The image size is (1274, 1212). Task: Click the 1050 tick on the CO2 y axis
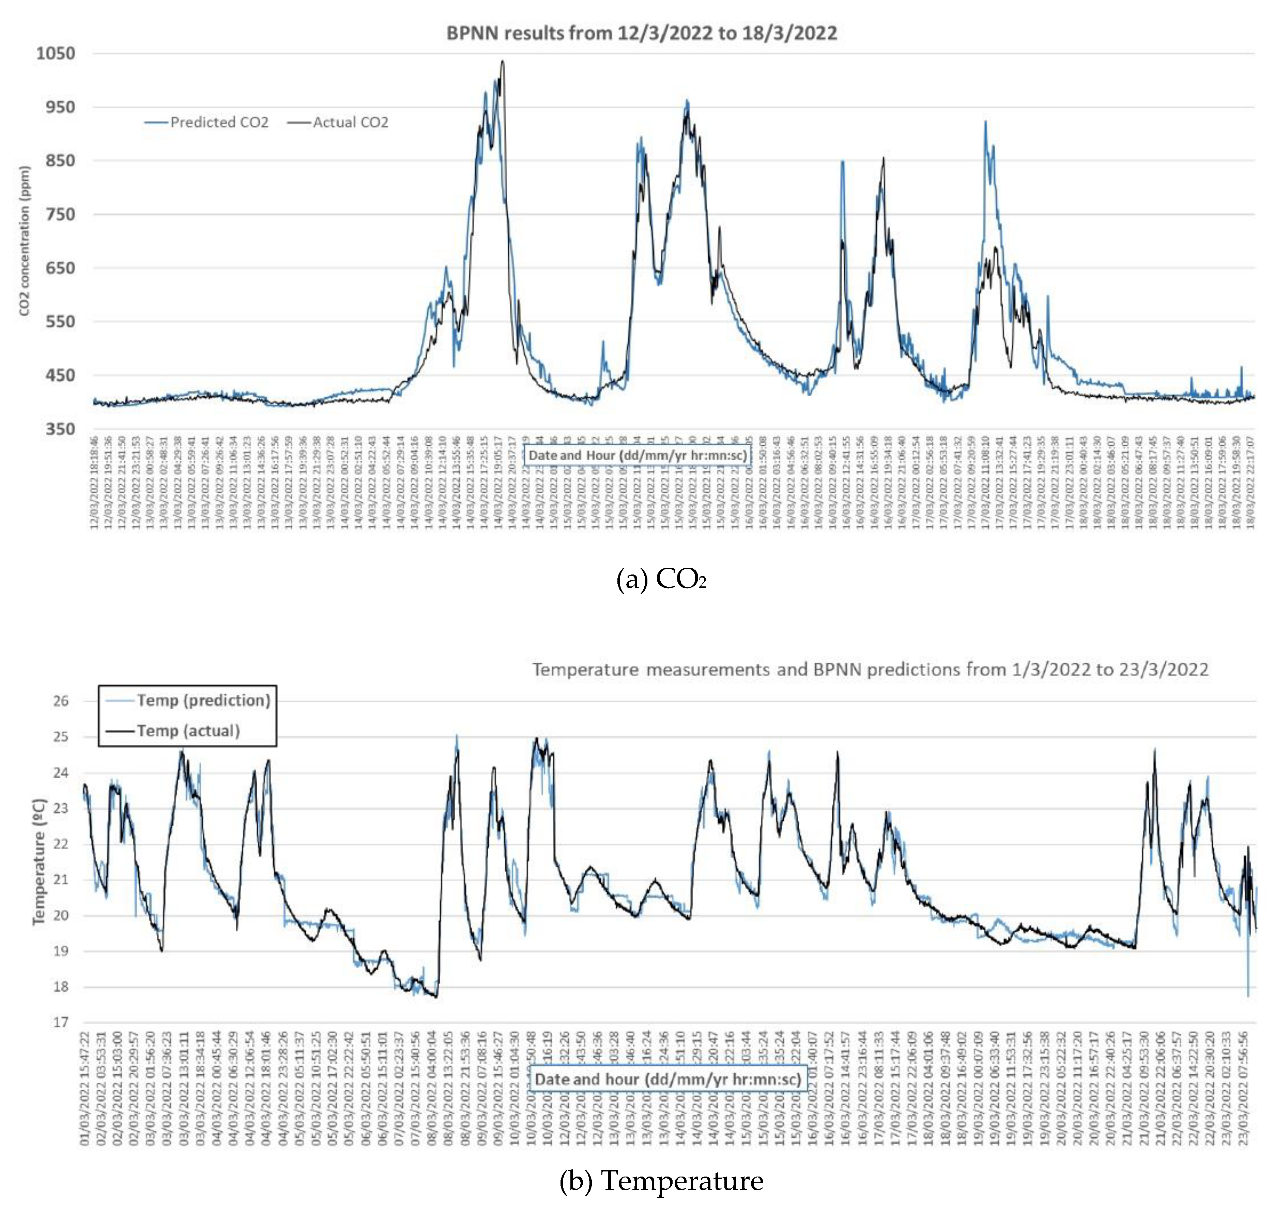[x=56, y=53]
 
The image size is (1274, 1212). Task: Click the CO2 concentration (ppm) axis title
[x=25, y=241]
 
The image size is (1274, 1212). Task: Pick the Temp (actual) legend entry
[x=187, y=731]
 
